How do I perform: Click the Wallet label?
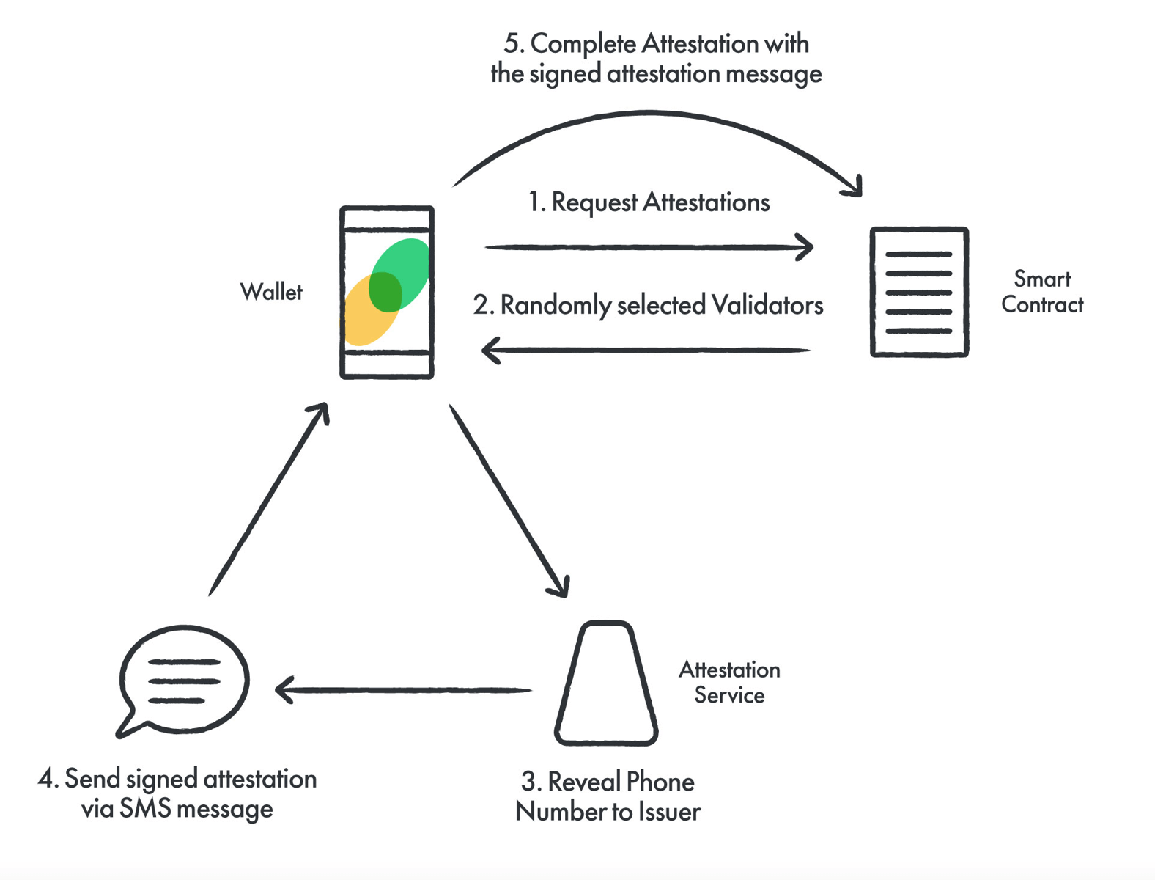pos(271,292)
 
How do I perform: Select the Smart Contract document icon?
pos(919,292)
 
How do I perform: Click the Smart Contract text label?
pos(1041,292)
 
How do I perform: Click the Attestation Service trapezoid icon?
pos(606,683)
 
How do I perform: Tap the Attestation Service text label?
pos(729,682)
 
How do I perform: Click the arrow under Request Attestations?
pos(649,247)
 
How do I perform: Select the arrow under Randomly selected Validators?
pos(645,351)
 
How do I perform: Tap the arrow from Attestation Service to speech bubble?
pos(403,690)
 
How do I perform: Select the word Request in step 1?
pos(594,203)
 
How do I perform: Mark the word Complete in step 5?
pos(583,45)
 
